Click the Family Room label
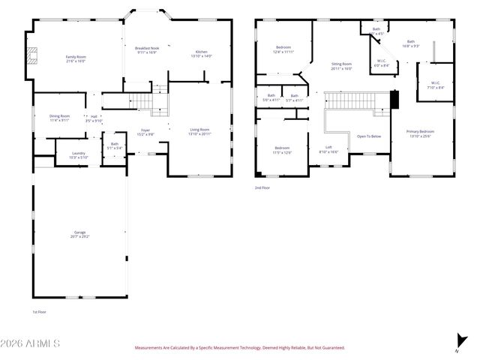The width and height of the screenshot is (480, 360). click(75, 58)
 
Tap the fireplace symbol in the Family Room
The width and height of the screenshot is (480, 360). click(31, 58)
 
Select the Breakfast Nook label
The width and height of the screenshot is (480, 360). click(147, 49)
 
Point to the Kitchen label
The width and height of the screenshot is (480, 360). click(201, 53)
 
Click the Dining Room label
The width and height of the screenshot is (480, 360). click(59, 117)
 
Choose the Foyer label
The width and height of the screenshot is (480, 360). click(145, 132)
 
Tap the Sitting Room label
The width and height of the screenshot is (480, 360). click(341, 66)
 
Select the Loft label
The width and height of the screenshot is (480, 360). click(328, 148)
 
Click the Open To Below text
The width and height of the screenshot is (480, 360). click(368, 136)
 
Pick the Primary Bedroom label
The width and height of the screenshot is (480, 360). click(420, 133)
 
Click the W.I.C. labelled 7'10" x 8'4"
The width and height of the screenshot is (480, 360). click(436, 85)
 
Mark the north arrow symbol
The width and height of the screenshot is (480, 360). click(460, 342)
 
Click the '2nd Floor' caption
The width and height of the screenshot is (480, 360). click(262, 187)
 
